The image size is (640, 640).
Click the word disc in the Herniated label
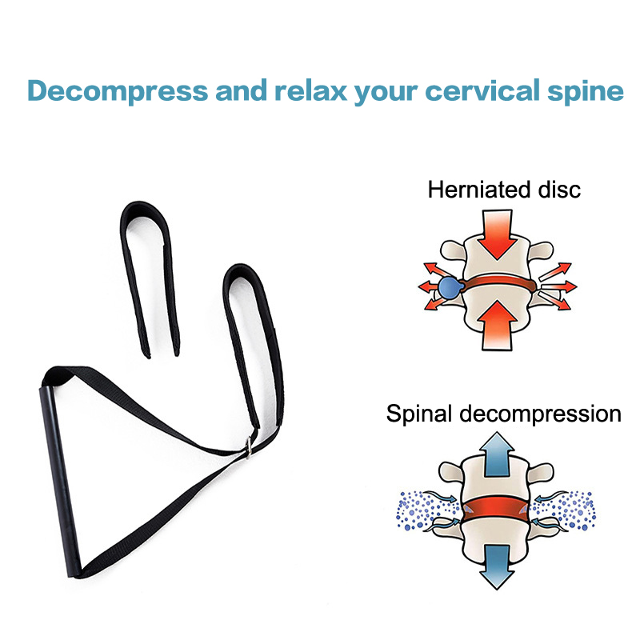click(x=561, y=190)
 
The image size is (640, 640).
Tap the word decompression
click(x=546, y=414)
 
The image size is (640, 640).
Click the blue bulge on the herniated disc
click(x=449, y=286)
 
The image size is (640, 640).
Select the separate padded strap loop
click(x=149, y=264)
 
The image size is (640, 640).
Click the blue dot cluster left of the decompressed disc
click(x=422, y=509)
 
